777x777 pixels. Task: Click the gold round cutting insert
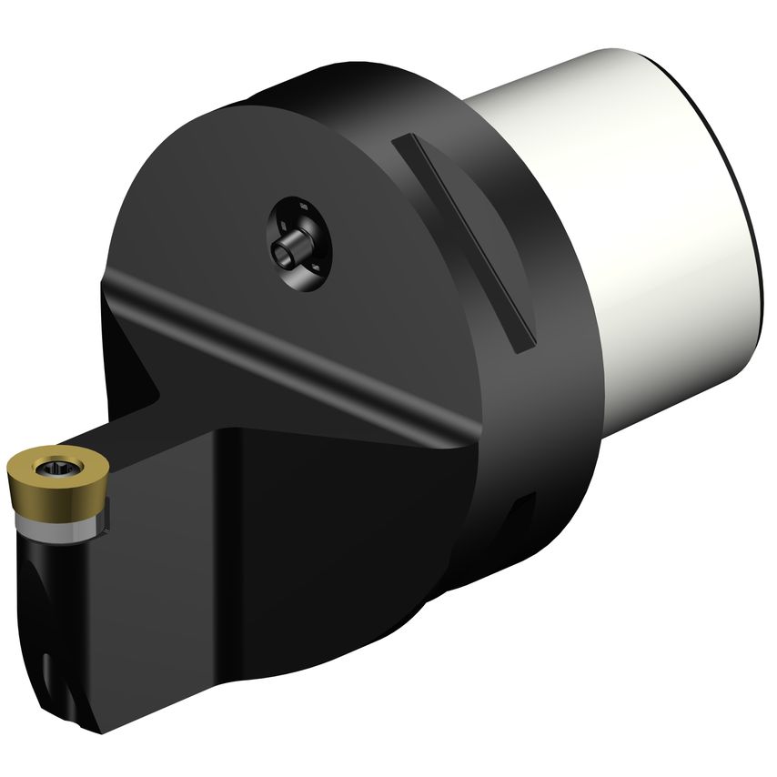point(56,477)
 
